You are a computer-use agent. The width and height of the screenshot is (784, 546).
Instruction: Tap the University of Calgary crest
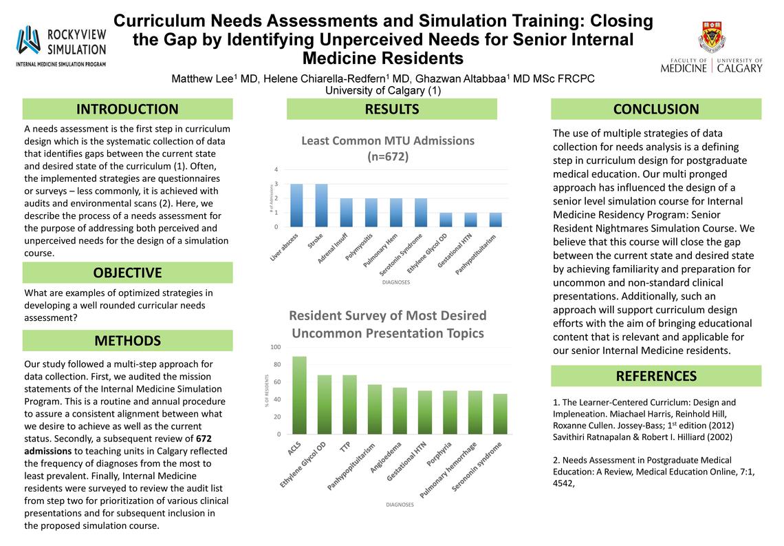coord(710,36)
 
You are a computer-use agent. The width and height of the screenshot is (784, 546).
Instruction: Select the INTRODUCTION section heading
coord(127,109)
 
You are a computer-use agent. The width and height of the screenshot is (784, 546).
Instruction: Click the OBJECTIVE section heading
coord(127,273)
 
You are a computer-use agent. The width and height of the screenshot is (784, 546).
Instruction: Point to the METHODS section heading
coord(127,341)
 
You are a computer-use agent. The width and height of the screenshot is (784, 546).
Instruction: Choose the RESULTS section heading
coord(391,109)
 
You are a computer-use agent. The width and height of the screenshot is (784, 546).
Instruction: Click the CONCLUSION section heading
coord(656,109)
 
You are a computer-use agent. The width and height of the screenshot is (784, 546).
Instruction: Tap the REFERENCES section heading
coord(656,376)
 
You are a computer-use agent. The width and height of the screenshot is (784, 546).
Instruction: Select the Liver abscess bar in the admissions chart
coord(296,205)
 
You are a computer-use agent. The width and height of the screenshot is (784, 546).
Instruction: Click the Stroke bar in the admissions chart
coord(321,205)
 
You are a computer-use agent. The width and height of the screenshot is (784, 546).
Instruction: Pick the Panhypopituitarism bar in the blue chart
coord(494,220)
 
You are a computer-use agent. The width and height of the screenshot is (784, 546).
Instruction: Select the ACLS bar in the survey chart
coord(300,395)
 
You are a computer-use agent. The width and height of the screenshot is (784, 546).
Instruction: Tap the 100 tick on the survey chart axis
coord(276,347)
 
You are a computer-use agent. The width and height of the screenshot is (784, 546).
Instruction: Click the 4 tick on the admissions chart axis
coord(276,169)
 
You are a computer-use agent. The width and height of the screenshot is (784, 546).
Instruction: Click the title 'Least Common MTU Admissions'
coord(388,140)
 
